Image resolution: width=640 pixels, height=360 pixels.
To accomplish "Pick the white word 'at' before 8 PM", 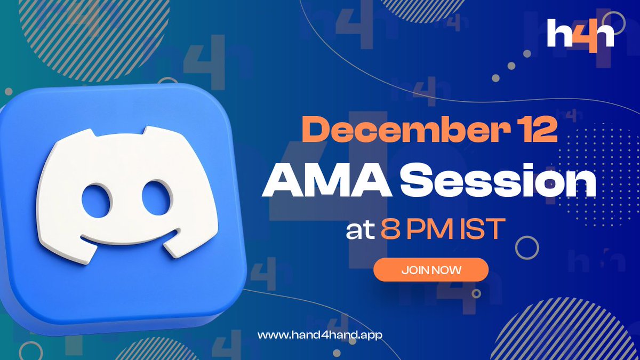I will tap(360, 230).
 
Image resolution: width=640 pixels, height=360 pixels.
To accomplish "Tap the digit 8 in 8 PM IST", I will tap(390, 230).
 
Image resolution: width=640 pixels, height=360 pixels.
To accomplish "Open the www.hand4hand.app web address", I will tap(320, 335).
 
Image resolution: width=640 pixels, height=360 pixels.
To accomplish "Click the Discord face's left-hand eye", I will tap(97, 198).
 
